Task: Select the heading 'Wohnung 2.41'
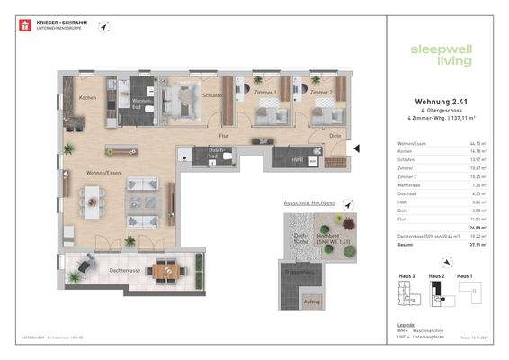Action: point(434,102)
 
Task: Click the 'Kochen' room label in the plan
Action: point(87,97)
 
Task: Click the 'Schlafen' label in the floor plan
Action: point(212,94)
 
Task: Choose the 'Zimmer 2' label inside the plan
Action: point(321,92)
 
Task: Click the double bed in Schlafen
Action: point(191,96)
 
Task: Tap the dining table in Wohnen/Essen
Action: point(94,203)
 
